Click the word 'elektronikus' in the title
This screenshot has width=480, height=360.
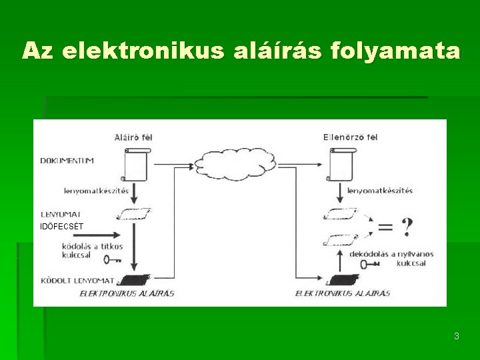click(145, 51)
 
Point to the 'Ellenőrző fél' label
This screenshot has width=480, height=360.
click(350, 137)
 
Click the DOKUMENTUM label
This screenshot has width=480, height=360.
click(67, 161)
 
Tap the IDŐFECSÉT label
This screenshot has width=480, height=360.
click(62, 227)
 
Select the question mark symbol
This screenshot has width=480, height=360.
click(406, 227)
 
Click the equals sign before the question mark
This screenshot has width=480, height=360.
click(385, 227)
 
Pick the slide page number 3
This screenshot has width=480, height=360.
click(456, 336)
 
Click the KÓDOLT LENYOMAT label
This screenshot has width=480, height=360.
click(77, 280)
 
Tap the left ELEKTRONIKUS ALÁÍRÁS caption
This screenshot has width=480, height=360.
click(127, 293)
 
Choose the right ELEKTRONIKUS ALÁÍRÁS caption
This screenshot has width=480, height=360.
click(343, 293)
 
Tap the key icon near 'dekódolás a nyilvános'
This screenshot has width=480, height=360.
click(369, 263)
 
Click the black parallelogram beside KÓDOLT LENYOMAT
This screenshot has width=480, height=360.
click(136, 280)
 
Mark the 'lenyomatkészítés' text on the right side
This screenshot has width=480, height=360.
click(380, 191)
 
